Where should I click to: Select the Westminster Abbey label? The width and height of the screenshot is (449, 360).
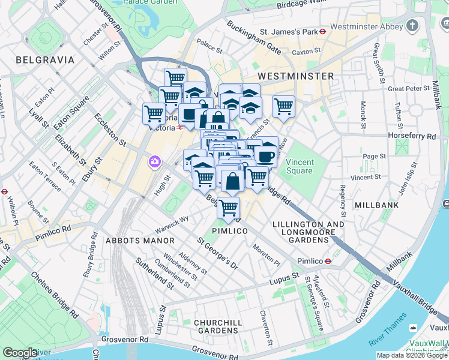(367, 26)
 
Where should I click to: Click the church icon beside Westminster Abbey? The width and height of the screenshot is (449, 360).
(412, 26)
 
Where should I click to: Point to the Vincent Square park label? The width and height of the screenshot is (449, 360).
(299, 166)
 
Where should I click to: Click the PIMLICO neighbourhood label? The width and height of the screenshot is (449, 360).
(230, 231)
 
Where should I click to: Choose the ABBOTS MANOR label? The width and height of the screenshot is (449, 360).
(139, 241)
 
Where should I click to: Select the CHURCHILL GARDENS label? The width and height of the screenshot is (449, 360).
(218, 326)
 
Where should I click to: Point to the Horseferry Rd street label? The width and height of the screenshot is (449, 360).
(412, 136)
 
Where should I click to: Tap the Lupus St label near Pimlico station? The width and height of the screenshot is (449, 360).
(284, 277)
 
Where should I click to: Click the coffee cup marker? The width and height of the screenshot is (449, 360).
(266, 156)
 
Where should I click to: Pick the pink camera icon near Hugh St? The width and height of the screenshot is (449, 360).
(155, 161)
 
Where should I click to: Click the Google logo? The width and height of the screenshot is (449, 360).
(20, 353)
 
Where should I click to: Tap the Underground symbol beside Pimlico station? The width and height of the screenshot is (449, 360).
(328, 261)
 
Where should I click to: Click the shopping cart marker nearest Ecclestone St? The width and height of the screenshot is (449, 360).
(154, 112)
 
